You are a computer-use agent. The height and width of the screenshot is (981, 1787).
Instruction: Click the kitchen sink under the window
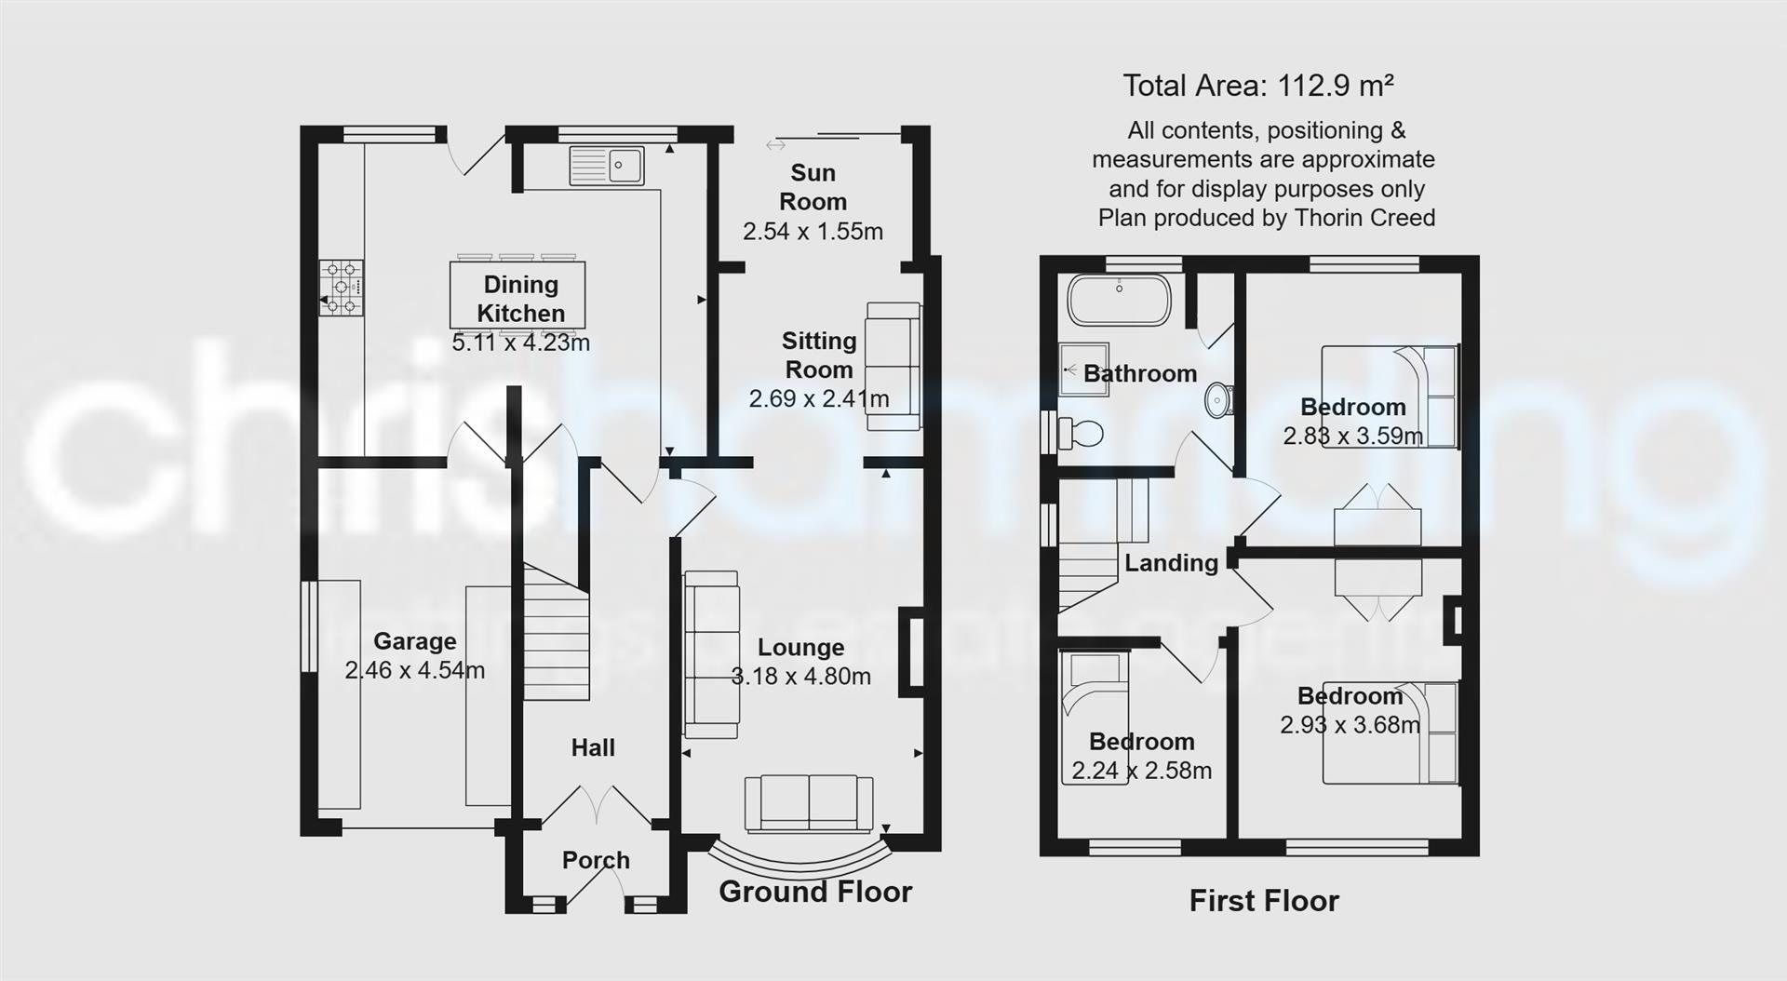607,166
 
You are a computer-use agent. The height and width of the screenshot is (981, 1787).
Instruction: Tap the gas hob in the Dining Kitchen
342,289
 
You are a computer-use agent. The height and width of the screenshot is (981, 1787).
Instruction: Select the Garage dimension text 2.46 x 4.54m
414,670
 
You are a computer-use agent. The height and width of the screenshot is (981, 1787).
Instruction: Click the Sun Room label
813,187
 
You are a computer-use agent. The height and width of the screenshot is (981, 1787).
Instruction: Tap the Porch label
596,860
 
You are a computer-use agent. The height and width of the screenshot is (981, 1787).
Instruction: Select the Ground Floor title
815,892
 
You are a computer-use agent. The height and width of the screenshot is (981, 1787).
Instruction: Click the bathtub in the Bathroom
1119,300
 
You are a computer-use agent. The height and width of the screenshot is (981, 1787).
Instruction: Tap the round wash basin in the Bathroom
1218,400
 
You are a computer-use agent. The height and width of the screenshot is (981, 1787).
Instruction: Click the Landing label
1171,563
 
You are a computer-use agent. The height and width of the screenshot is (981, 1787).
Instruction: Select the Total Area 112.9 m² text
1257,86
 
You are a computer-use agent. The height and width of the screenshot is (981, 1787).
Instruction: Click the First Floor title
1264,901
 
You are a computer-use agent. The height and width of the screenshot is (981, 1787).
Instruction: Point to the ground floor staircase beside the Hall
556,633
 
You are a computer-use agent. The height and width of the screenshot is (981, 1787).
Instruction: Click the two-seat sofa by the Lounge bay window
808,802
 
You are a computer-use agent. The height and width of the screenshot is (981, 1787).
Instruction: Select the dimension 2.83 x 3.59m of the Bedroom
1352,436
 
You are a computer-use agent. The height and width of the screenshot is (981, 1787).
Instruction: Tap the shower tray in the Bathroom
1083,369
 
